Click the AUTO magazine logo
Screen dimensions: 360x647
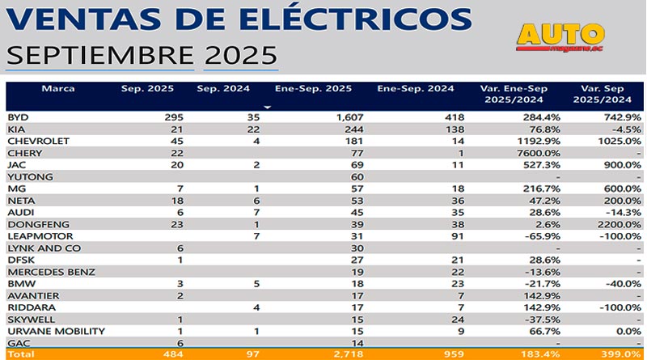click(561, 36)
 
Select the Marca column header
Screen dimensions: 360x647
click(58, 88)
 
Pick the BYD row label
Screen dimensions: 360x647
click(18, 117)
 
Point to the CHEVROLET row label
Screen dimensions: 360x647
click(39, 141)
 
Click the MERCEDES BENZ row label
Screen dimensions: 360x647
click(51, 271)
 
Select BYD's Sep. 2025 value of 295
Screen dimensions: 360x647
click(174, 117)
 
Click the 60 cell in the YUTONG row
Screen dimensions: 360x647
click(357, 176)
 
